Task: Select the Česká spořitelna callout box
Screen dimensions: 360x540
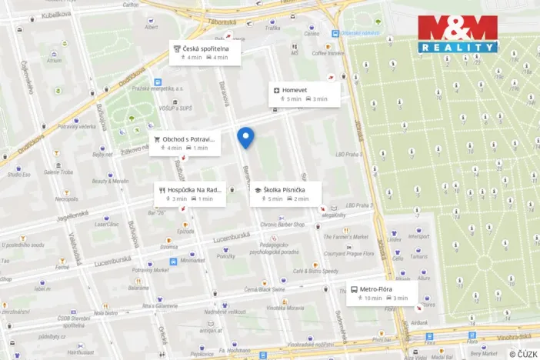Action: (205, 52)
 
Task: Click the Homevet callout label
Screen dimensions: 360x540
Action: (304, 94)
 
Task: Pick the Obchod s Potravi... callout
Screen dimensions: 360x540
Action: (185, 143)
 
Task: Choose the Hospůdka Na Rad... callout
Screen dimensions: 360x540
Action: (190, 194)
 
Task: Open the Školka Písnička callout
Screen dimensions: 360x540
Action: (283, 194)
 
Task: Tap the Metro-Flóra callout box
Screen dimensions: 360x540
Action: (382, 292)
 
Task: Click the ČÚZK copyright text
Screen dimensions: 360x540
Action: (522, 353)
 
